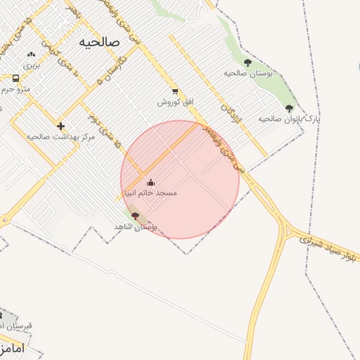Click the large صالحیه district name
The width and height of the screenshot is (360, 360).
[100, 41]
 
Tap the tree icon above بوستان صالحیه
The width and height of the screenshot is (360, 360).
[247, 63]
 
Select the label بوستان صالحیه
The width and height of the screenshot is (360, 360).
[248, 73]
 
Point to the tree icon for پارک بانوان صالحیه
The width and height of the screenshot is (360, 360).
[289, 108]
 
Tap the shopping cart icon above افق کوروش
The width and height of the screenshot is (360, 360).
[174, 91]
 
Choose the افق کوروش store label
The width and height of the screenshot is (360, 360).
[175, 102]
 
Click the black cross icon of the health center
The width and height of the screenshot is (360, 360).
[60, 125]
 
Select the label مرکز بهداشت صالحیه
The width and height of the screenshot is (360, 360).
[61, 136]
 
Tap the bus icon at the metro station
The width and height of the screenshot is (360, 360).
[15, 78]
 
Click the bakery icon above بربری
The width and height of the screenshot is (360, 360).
[31, 54]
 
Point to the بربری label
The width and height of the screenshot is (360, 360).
[32, 65]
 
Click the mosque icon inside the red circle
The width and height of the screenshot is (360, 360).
[150, 182]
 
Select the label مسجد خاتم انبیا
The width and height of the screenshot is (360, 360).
[150, 193]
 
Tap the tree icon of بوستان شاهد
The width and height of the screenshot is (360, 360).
[135, 216]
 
